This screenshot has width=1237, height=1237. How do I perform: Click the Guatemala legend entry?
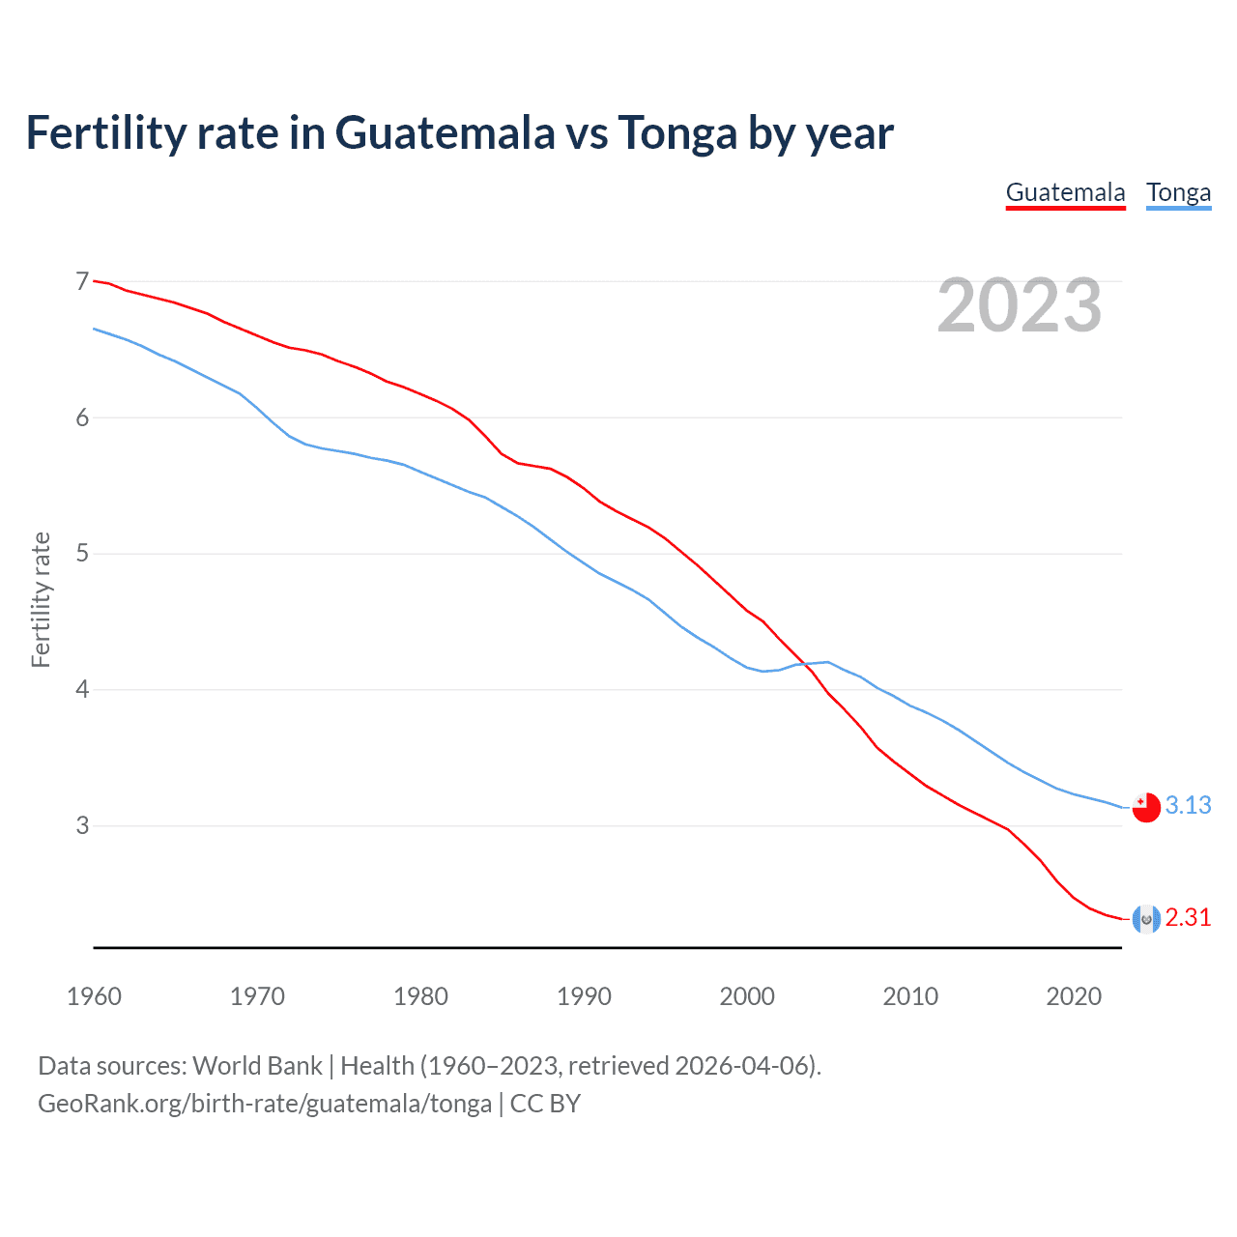[x=1065, y=192]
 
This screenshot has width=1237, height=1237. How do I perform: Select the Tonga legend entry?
[x=1178, y=192]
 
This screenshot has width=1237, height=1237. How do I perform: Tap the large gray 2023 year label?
[x=1020, y=305]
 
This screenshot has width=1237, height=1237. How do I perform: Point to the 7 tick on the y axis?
[x=82, y=281]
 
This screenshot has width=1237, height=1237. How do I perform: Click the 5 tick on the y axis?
[x=82, y=554]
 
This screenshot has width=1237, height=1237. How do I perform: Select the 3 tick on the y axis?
[x=82, y=825]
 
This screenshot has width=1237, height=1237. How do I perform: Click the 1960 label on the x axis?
[x=94, y=996]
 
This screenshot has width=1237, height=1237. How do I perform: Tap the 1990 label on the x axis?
[x=584, y=996]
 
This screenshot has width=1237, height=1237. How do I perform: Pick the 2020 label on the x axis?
[x=1074, y=996]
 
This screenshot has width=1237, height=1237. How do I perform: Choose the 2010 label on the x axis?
[x=910, y=996]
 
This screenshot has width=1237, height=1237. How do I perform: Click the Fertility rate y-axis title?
[x=41, y=599]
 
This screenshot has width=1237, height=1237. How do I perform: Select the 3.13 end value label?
[x=1188, y=805]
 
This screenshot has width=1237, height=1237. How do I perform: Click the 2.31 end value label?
[x=1188, y=917]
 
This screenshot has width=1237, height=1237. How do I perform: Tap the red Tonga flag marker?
[x=1146, y=807]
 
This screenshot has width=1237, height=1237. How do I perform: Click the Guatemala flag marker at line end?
[x=1146, y=919]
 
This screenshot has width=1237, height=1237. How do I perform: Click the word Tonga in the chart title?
[x=676, y=132]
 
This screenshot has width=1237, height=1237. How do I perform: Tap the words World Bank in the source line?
[x=257, y=1066]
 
